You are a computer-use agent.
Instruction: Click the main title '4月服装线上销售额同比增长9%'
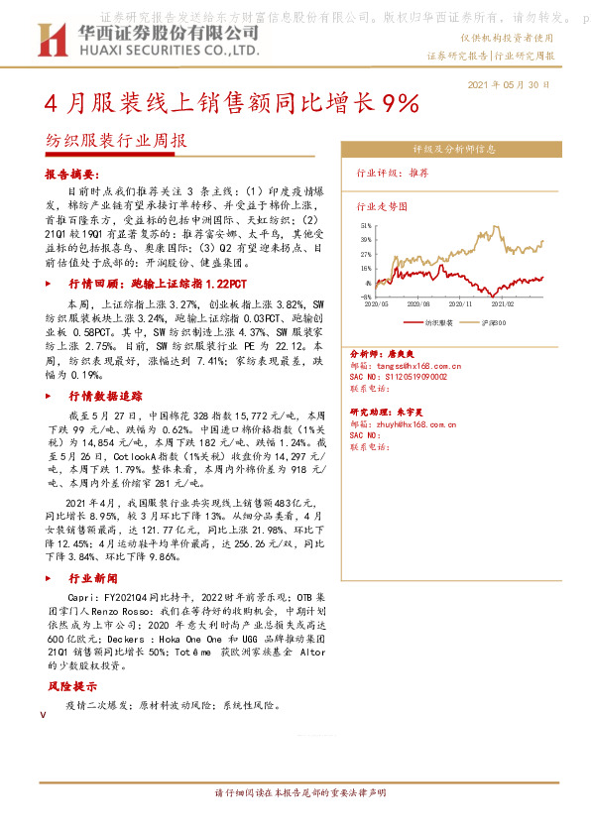coord(232,104)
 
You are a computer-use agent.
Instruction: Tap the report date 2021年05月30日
coord(508,85)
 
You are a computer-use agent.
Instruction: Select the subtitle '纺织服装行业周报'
coord(115,141)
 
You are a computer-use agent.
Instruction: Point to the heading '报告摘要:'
coord(76,174)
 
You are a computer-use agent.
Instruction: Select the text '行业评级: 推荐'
coord(393,173)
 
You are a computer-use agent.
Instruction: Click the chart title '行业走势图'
coord(382,207)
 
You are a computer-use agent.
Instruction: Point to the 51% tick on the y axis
coord(366,227)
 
